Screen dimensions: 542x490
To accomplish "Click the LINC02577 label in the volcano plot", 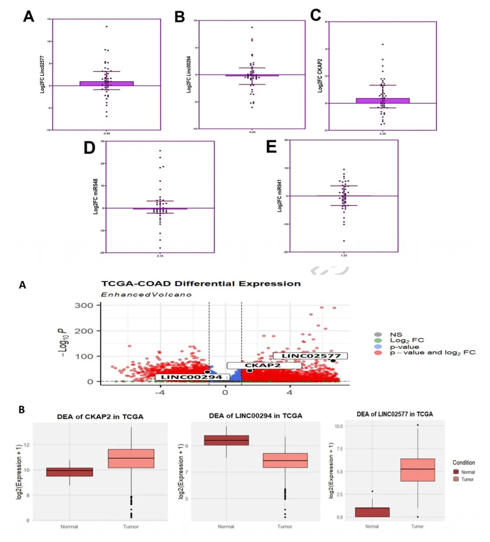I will [311, 356].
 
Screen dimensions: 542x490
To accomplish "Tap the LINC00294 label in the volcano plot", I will [191, 377].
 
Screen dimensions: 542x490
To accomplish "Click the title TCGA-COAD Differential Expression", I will [201, 284].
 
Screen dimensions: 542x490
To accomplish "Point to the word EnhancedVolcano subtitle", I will [146, 295].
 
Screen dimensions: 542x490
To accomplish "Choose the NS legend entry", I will [396, 335].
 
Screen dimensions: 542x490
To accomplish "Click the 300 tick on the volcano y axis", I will [84, 306].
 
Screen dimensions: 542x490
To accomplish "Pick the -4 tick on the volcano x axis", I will [160, 392].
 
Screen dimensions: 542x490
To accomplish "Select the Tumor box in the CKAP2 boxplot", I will [131, 459].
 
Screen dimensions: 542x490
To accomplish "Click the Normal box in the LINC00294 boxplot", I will [226, 440].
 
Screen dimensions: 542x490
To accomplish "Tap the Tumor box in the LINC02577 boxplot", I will [417, 470].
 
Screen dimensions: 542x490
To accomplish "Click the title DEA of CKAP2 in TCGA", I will [100, 417].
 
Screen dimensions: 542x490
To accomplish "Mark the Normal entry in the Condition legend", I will [467, 472].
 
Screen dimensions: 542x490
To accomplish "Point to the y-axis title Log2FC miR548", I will [96, 196].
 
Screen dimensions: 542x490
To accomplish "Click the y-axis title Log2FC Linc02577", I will [43, 75].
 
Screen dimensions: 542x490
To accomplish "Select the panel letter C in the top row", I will [316, 15].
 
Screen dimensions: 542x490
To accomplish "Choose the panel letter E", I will [271, 147].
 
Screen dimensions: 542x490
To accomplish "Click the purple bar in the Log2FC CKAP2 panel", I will [382, 101].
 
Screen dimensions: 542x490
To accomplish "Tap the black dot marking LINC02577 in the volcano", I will [333, 361].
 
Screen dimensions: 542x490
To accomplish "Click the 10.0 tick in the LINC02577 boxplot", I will [338, 426].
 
